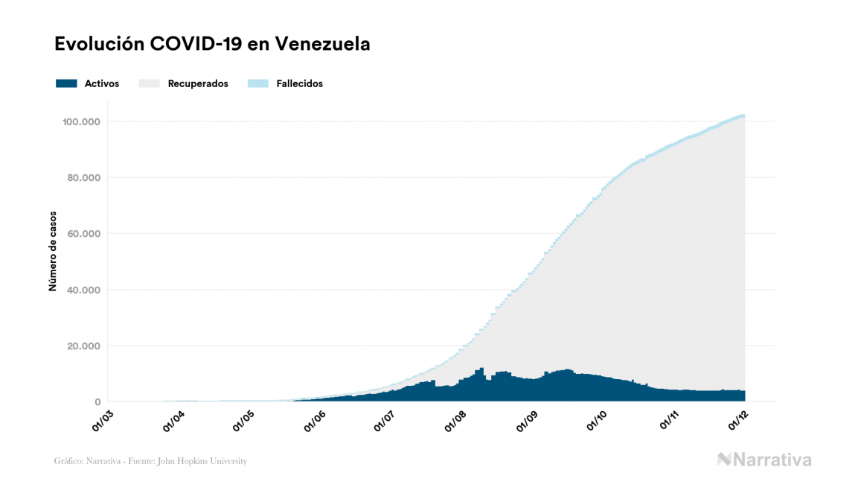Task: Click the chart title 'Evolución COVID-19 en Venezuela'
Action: pyautogui.click(x=212, y=45)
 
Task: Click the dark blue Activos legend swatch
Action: pyautogui.click(x=66, y=83)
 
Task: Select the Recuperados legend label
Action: pyautogui.click(x=198, y=83)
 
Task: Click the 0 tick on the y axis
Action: pyautogui.click(x=97, y=402)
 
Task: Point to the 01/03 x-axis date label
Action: pyautogui.click(x=103, y=419)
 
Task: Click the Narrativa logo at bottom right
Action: pyautogui.click(x=764, y=460)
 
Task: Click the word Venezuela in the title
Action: pyautogui.click(x=323, y=45)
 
